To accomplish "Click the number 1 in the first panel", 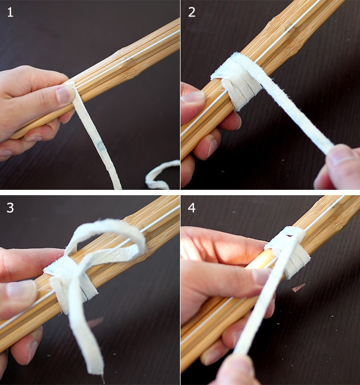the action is coord(10,12).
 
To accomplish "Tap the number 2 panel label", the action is coord(192,12).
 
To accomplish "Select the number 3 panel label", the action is coord(10,208).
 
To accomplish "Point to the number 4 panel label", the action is coord(192,208).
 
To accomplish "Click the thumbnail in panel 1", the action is coord(65,95).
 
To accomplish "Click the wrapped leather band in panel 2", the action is coord(237,81).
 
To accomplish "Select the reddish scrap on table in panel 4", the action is coord(298,287).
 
